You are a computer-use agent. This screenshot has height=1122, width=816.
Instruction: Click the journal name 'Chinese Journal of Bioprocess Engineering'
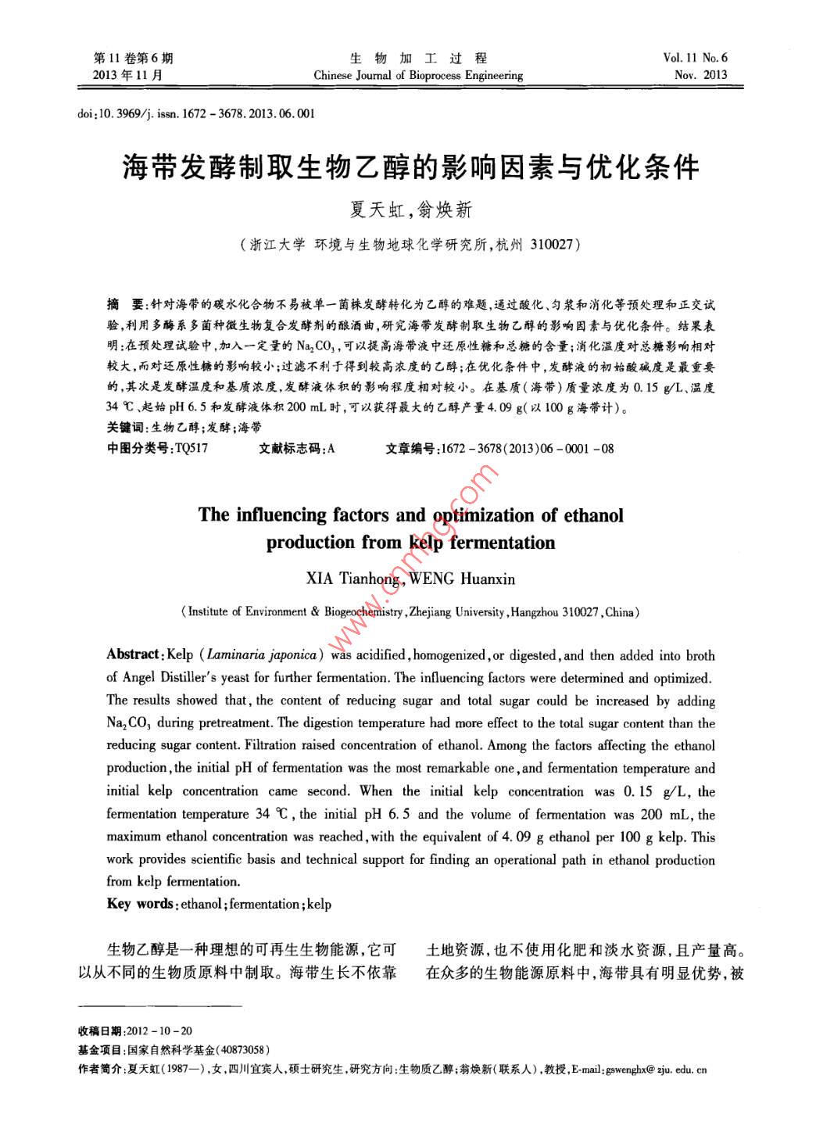(418, 76)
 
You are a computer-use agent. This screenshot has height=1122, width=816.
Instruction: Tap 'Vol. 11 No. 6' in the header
(694, 58)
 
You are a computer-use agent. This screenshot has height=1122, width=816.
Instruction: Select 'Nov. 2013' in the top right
(700, 76)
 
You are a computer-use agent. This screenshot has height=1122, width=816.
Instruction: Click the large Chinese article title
(410, 167)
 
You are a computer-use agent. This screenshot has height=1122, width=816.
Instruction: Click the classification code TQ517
(192, 448)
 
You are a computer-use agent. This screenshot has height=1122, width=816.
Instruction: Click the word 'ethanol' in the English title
(593, 514)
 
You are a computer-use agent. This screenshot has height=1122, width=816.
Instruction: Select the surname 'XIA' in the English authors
(320, 579)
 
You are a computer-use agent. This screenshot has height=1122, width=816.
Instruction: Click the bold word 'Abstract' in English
(133, 655)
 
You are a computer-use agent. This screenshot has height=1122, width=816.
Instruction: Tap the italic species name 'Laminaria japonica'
(261, 655)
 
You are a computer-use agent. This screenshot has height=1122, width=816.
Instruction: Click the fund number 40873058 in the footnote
(243, 1050)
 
